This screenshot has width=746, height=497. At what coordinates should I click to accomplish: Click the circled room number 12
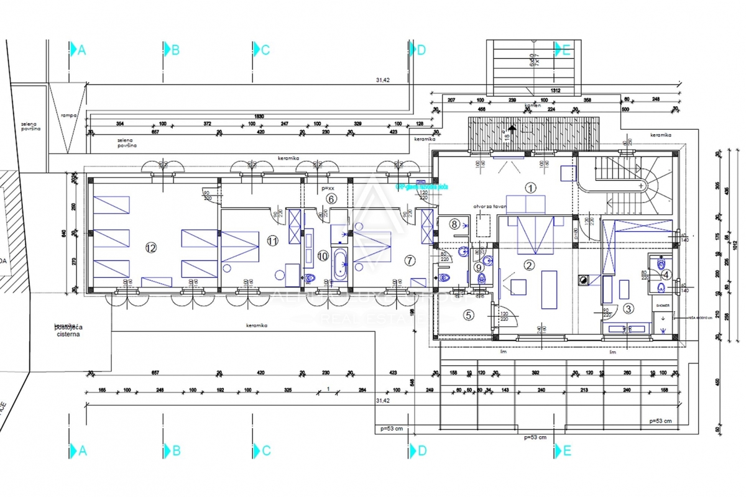(x=150, y=247)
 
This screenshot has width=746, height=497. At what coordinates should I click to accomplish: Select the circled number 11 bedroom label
(x=272, y=240)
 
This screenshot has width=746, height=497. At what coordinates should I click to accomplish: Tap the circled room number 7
(x=408, y=260)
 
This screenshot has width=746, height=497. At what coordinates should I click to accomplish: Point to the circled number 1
(x=530, y=186)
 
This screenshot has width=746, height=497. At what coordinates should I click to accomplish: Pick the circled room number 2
(x=529, y=265)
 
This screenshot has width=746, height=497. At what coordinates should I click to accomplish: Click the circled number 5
(x=469, y=315)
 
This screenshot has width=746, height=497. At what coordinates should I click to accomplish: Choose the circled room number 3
(x=628, y=308)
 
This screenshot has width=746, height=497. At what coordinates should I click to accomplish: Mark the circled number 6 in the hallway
(x=331, y=199)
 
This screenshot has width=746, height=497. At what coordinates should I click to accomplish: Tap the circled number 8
(x=454, y=224)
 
